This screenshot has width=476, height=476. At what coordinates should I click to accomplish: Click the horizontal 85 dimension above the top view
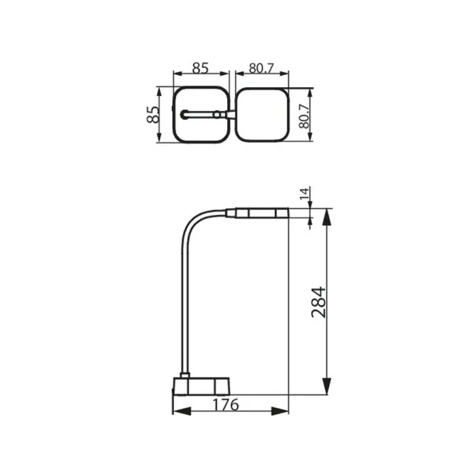201,68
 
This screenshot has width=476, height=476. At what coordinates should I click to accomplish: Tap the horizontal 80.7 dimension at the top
261,68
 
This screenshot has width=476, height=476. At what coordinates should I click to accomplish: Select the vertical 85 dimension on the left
153,114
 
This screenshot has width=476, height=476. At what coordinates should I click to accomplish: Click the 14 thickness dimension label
305,193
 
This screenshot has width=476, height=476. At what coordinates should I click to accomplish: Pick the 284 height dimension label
319,302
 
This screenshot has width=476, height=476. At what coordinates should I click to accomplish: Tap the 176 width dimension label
225,405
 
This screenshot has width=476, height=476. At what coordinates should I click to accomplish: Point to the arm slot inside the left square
201,114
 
